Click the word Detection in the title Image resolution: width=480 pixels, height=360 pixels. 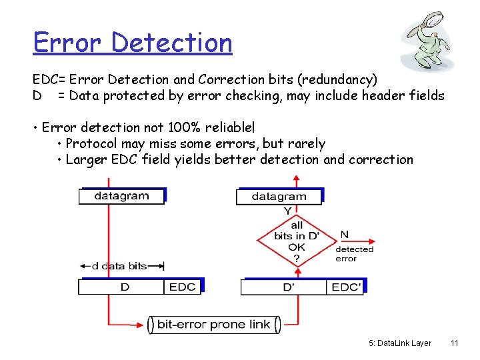[x=172, y=43]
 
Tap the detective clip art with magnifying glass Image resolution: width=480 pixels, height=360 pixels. [x=429, y=41]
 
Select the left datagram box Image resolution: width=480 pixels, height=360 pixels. [x=121, y=196]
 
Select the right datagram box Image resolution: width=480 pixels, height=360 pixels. [x=279, y=196]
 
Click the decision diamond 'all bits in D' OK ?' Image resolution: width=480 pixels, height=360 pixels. [x=297, y=241]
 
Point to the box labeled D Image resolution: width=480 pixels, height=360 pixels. [x=124, y=287]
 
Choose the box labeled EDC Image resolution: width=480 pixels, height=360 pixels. [x=182, y=287]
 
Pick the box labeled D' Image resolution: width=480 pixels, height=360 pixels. [x=288, y=287]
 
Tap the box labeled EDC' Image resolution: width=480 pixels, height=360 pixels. [x=346, y=287]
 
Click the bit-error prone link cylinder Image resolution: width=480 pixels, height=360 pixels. [x=213, y=325]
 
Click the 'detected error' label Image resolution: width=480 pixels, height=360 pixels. [x=354, y=253]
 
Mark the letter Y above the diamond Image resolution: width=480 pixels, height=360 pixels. [x=287, y=211]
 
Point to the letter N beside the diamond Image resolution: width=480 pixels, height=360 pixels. [x=344, y=234]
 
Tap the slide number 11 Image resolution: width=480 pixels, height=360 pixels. [x=454, y=343]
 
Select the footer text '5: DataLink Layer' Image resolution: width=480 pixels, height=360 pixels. [x=399, y=343]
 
